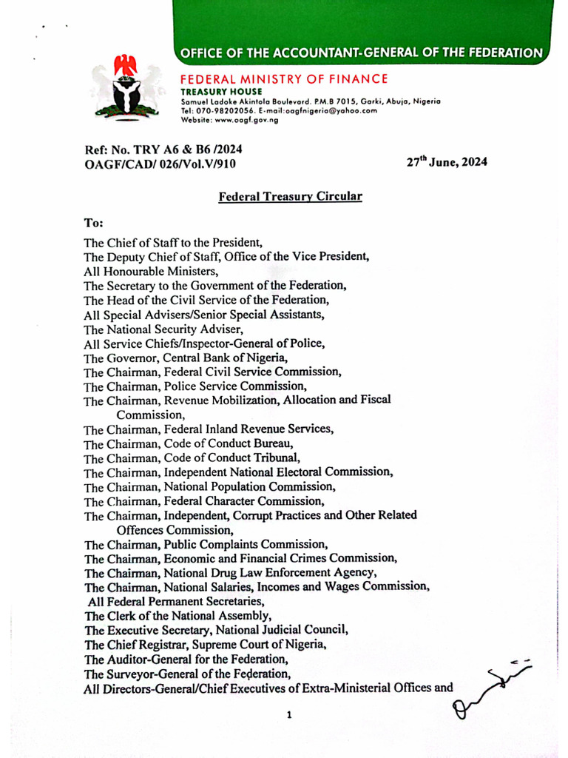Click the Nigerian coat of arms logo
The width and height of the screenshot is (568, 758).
(128, 87)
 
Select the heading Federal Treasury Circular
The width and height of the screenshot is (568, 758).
(290, 197)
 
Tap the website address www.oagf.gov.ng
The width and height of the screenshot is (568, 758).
(246, 120)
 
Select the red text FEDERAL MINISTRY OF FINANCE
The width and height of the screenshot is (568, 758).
(284, 78)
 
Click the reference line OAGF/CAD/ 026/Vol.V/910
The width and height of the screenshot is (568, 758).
(163, 163)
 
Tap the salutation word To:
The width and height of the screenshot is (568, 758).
(93, 222)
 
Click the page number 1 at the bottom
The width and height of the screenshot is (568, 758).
(289, 715)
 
